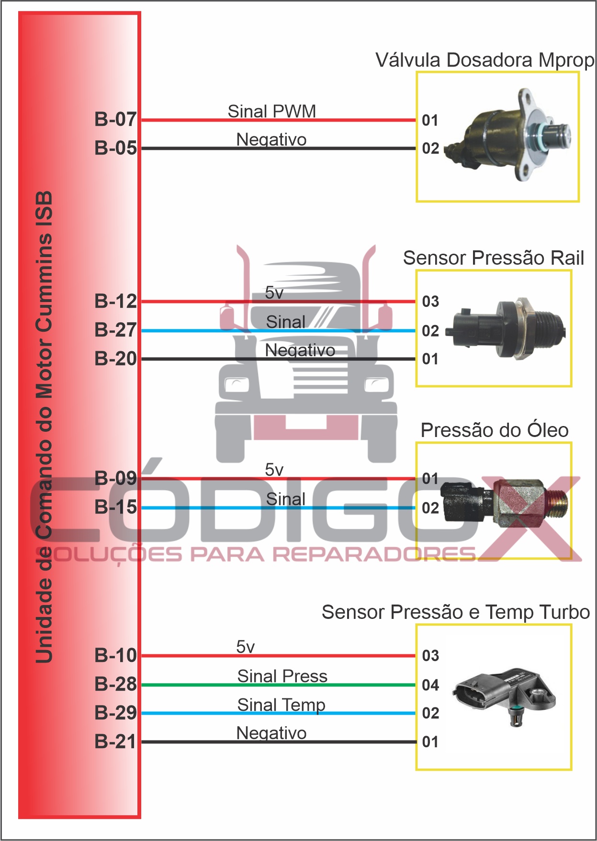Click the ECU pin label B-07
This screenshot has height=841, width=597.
[115, 119]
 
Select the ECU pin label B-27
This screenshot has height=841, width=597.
[115, 330]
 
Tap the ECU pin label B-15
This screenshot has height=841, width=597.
[115, 507]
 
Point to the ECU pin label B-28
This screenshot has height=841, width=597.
[115, 684]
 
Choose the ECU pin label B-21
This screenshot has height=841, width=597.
[115, 741]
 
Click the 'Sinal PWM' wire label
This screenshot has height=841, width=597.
[271, 111]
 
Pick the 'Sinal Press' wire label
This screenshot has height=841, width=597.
[282, 676]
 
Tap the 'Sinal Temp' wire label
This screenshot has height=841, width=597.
[281, 705]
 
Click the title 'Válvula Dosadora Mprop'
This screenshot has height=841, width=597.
[484, 60]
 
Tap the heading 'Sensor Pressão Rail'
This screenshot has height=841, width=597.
[493, 258]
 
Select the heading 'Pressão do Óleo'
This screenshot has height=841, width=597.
[494, 430]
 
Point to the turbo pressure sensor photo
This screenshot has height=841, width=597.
[505, 696]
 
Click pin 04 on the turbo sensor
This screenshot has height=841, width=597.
[430, 685]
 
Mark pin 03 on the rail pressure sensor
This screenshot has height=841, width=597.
[430, 302]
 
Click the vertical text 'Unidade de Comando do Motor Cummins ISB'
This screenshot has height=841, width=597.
[44, 426]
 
